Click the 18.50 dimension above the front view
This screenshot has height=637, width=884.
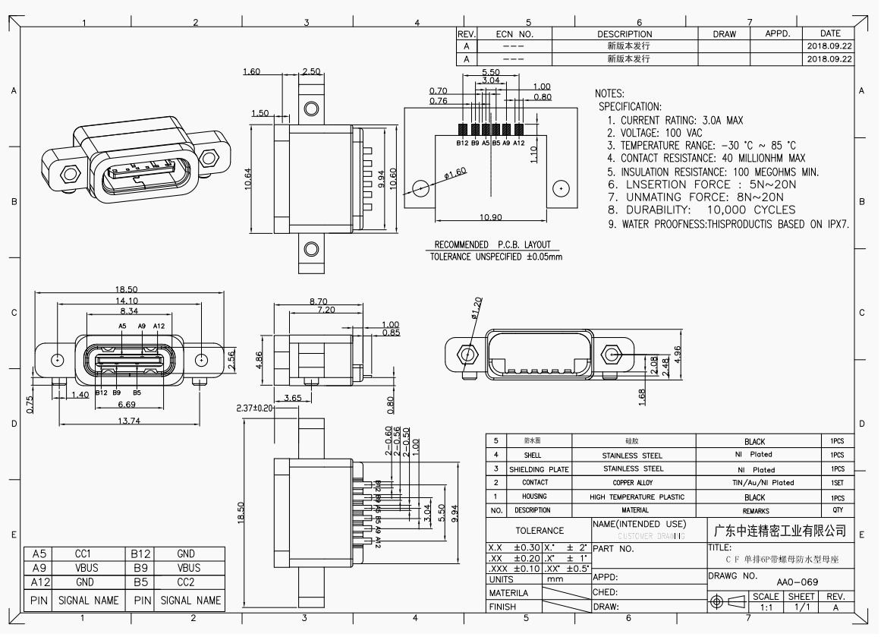tap(125, 290)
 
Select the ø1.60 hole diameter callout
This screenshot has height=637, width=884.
tap(455, 173)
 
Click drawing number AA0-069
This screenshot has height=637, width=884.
tap(797, 582)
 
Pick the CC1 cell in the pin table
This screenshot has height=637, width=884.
tap(84, 554)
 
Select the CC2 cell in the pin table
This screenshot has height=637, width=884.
tap(189, 582)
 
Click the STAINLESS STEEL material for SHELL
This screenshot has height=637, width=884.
tap(632, 456)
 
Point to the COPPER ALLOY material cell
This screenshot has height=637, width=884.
tap(632, 483)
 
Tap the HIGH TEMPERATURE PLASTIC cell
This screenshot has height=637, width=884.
tap(632, 497)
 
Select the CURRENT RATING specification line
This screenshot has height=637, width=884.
tap(675, 120)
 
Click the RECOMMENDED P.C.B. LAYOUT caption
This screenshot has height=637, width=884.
tap(492, 244)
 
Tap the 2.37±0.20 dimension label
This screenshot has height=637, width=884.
tap(256, 408)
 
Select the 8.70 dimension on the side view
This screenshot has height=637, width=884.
tap(318, 301)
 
